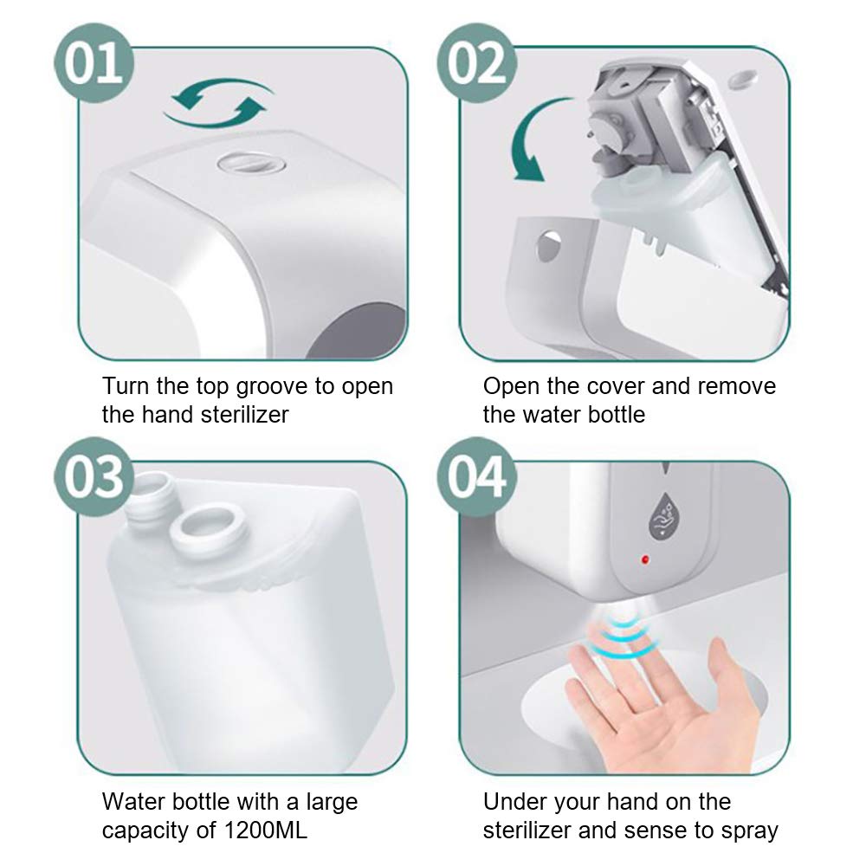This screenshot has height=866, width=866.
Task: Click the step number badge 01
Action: (x=94, y=63)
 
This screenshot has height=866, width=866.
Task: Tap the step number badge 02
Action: (x=476, y=63)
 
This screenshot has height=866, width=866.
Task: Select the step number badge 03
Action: (x=94, y=476)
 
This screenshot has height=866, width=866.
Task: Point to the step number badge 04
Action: (x=476, y=476)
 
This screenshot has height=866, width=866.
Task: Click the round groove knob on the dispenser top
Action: (x=251, y=163)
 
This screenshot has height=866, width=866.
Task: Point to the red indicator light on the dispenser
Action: (x=645, y=560)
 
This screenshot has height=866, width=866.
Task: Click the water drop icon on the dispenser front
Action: (x=663, y=516)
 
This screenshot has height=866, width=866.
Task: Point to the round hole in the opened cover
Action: (x=548, y=246)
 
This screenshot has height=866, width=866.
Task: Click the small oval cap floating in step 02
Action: (x=742, y=79)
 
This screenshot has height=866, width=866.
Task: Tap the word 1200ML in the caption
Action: (x=265, y=830)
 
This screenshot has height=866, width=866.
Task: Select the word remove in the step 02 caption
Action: (x=736, y=387)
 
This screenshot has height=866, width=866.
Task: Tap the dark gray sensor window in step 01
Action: (x=356, y=333)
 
